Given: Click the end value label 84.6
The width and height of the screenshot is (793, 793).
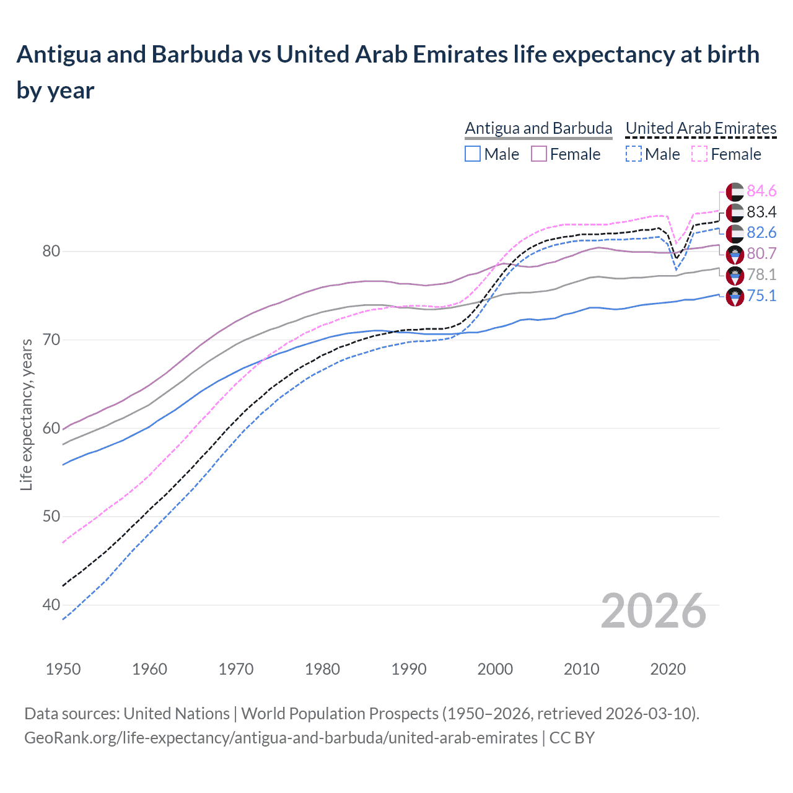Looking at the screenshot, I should click(x=761, y=191).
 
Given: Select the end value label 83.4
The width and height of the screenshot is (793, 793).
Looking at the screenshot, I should click(x=761, y=212).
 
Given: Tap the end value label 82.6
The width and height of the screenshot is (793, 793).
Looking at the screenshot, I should click(x=761, y=232).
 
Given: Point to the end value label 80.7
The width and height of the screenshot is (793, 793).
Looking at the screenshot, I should click(x=761, y=253).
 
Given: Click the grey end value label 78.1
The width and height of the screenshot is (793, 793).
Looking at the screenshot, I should click(x=761, y=274).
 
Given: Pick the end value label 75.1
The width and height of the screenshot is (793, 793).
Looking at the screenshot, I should click(x=761, y=296).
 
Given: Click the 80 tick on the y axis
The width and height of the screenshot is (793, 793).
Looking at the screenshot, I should click(x=51, y=251).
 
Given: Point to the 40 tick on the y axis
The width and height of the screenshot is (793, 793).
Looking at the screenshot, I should click(x=51, y=605).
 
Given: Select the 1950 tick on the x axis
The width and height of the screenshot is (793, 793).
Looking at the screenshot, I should click(x=63, y=669).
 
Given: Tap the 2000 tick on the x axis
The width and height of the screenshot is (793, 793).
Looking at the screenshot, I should click(x=495, y=669).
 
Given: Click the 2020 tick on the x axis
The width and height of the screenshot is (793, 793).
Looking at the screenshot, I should click(x=668, y=669).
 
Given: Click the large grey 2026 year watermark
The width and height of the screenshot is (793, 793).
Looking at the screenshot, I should click(x=654, y=611).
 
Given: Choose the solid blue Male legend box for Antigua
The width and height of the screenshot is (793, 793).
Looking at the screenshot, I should click(x=473, y=154).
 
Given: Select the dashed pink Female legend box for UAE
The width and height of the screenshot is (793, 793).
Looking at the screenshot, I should click(x=699, y=154).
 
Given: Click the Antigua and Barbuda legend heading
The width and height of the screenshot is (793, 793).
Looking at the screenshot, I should click(x=538, y=128).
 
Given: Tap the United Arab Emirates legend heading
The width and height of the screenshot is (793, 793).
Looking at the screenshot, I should click(x=701, y=128).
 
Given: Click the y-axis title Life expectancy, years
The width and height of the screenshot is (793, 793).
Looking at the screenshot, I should click(x=26, y=414).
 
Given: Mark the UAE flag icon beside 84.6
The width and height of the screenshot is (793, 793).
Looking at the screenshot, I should click(x=735, y=191).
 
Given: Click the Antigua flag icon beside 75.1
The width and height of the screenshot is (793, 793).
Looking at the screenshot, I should click(x=735, y=296).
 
